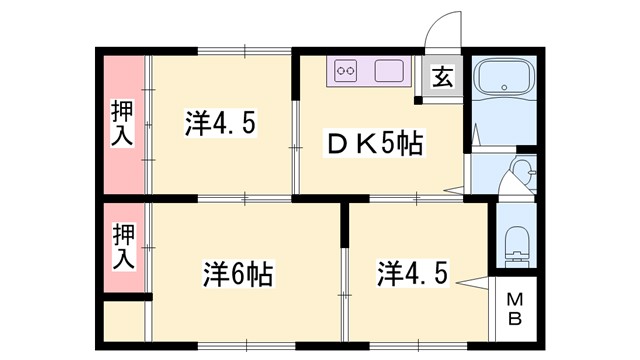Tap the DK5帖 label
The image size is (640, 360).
click(x=375, y=144)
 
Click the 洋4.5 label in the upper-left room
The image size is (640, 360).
click(x=222, y=124)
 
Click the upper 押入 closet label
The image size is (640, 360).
click(x=122, y=124)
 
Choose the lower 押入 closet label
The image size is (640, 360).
click(x=122, y=247)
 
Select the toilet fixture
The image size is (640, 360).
click(x=517, y=242)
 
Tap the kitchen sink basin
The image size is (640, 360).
click(x=389, y=71)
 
